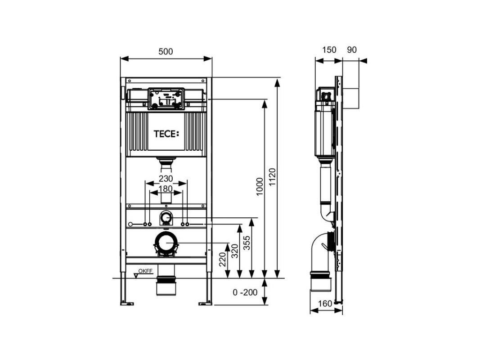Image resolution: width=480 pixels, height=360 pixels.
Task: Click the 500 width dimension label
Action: [166, 51]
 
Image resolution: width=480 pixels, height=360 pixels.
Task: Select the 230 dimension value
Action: [166, 179]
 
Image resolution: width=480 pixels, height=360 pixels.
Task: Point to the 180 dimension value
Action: [166, 189]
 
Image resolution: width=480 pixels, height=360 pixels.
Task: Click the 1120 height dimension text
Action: [272, 177]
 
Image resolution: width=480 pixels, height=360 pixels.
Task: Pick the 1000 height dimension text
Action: [260, 187]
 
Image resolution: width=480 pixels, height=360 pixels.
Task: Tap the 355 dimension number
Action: [247, 243]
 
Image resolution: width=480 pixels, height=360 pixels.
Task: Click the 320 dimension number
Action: [234, 251]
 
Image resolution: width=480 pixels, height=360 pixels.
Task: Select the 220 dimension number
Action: [223, 259]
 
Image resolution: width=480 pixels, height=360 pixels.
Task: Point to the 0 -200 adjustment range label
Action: [245, 292]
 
